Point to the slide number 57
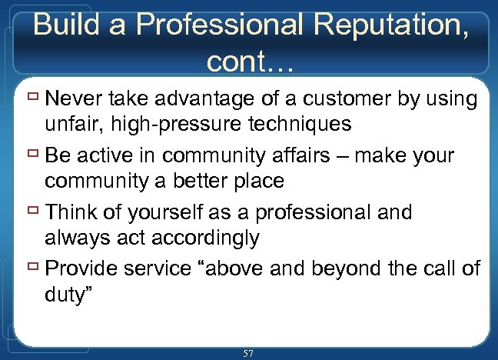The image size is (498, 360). [248, 352]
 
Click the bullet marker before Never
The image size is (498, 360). [34, 98]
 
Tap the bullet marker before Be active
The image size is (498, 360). [34, 155]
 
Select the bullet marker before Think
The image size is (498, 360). [34, 211]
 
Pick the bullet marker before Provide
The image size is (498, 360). [34, 268]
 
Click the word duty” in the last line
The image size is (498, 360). [70, 295]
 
